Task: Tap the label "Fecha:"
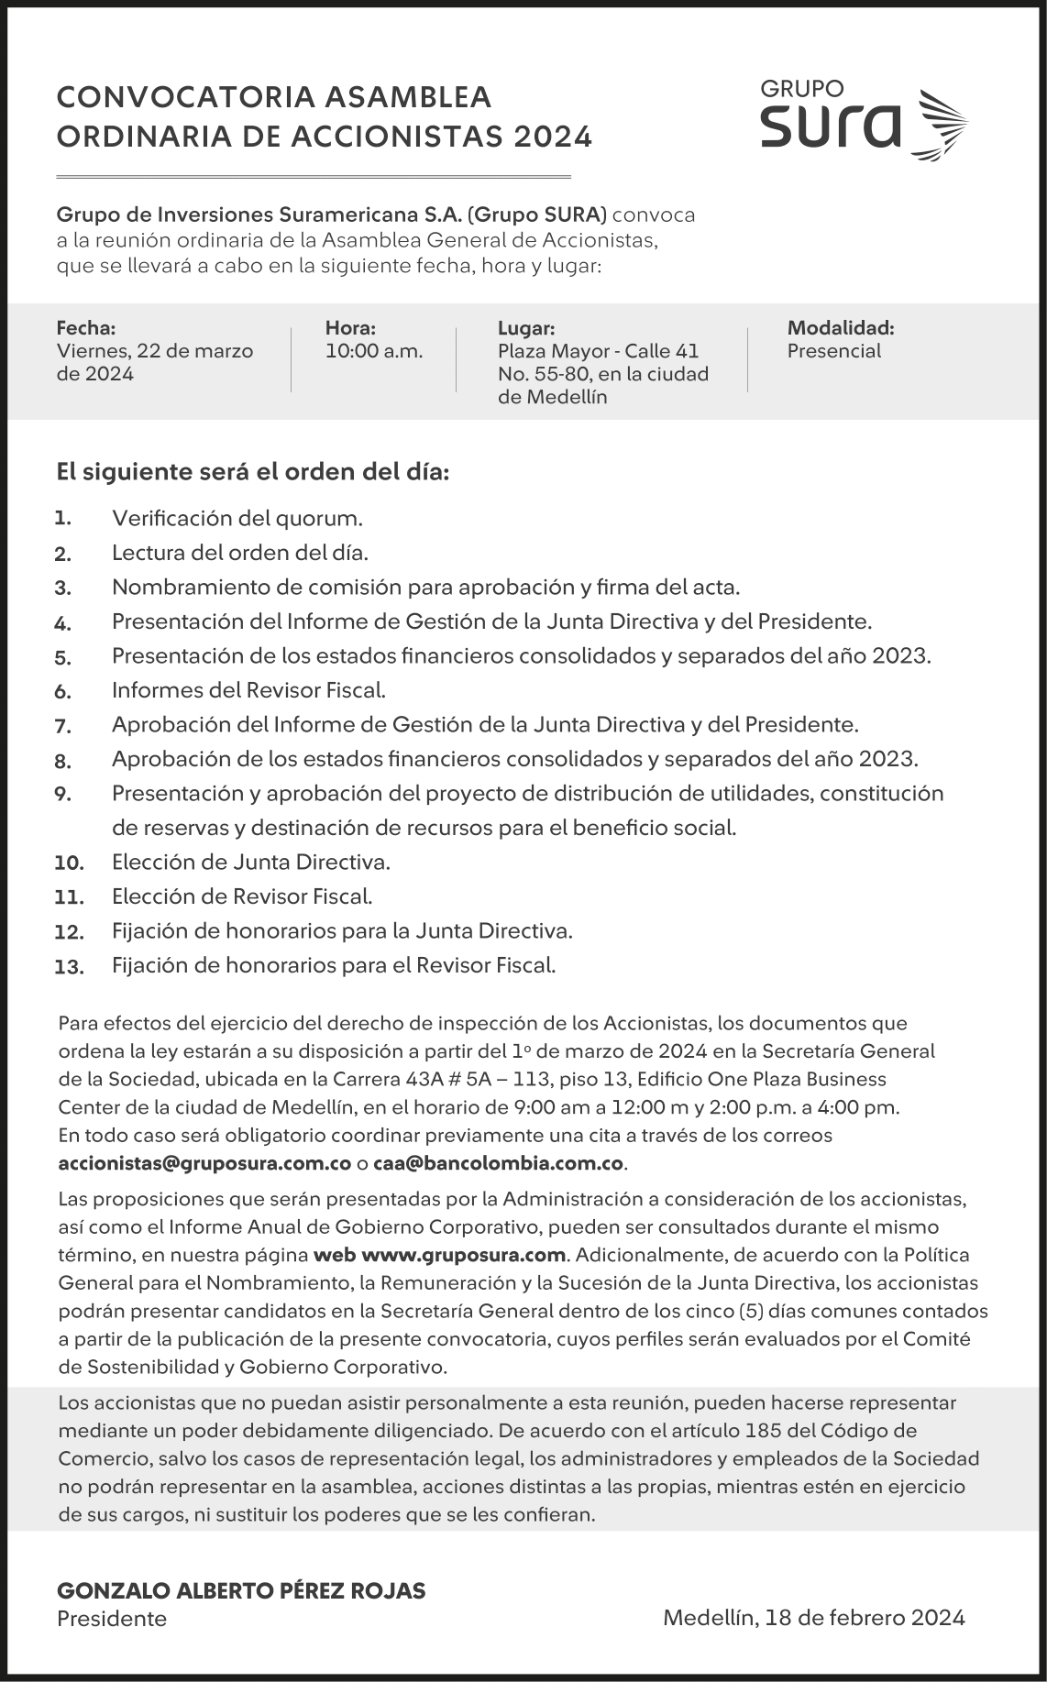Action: point(86,328)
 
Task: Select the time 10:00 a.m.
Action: point(374,351)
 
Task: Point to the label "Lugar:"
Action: point(526,328)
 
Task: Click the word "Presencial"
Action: point(833,351)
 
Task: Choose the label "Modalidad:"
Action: point(840,328)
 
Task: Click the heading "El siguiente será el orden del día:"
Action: point(253,473)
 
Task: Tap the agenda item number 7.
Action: point(62,726)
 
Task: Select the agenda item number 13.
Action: point(69,966)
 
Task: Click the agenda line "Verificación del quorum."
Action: point(237,519)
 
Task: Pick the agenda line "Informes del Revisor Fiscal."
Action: point(248,690)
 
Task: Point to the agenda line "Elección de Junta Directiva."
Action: point(251,863)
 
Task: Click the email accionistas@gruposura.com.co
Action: point(204,1164)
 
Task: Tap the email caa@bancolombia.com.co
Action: point(499,1164)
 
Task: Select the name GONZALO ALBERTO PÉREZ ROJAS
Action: point(241,1591)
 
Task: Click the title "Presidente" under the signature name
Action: point(112,1619)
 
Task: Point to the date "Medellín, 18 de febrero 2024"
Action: point(813,1618)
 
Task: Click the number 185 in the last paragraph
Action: point(765,1431)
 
